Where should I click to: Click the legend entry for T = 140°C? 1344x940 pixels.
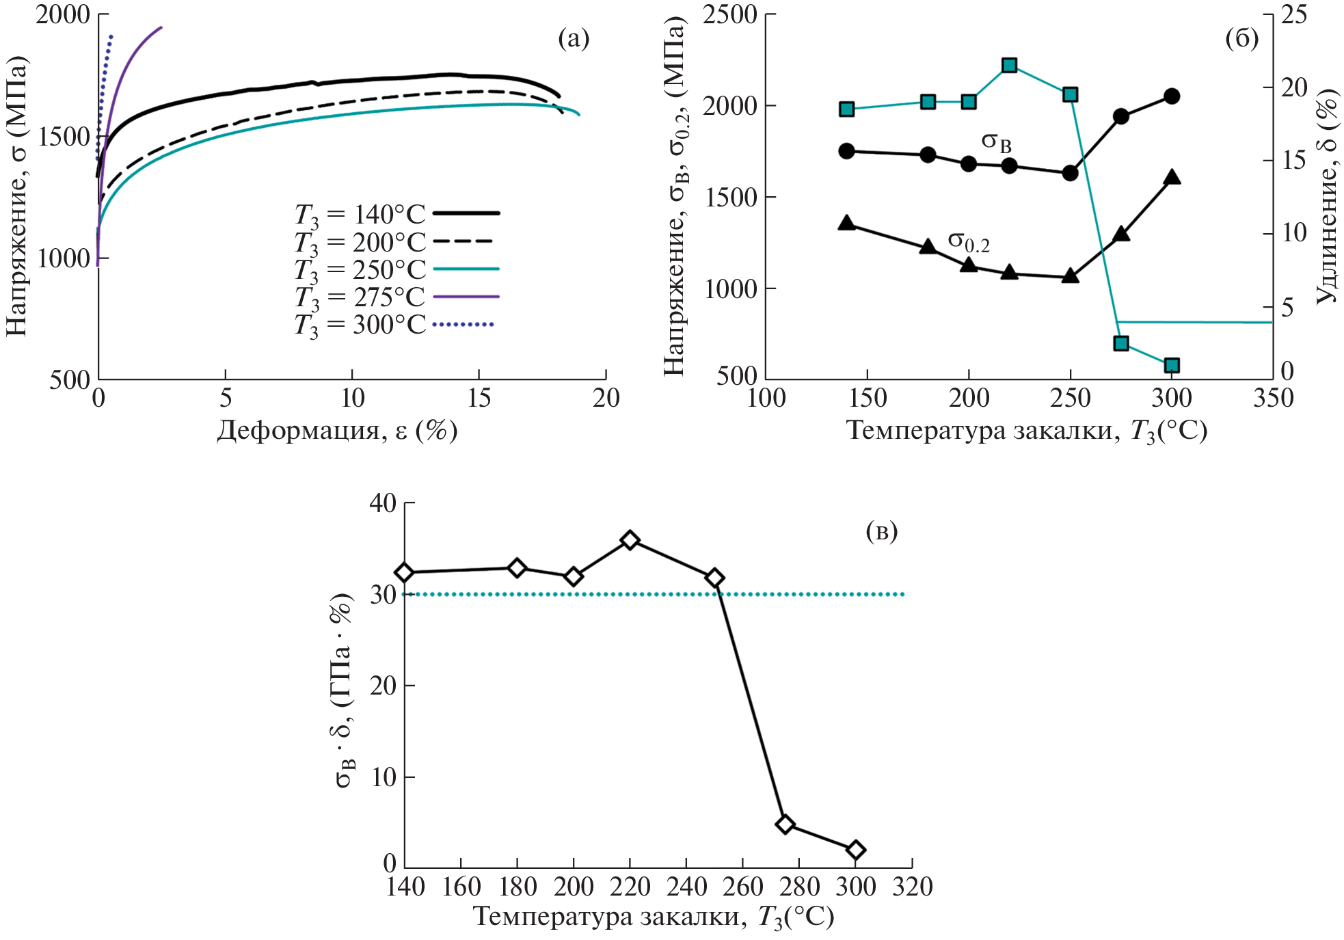click(397, 214)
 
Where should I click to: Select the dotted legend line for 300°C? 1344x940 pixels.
click(463, 324)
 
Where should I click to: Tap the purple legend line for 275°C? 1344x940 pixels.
click(466, 297)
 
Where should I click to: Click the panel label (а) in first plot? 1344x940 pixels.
click(574, 39)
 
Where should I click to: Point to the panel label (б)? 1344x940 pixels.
click(1241, 39)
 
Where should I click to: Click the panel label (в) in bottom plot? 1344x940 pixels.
click(881, 531)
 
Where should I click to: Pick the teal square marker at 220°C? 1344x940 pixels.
click(1009, 66)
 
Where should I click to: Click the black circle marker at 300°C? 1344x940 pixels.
click(1172, 96)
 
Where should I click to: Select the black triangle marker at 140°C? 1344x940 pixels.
click(846, 223)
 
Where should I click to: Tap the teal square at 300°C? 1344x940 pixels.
click(1172, 366)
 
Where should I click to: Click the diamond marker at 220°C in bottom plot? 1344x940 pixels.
click(630, 541)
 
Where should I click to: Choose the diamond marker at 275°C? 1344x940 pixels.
click(785, 824)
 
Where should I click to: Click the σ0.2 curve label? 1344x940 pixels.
click(968, 241)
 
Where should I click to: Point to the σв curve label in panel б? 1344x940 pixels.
click(996, 142)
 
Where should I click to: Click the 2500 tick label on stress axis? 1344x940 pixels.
click(729, 14)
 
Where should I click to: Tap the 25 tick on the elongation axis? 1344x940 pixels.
click(1293, 14)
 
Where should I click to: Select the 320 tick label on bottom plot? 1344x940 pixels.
click(913, 887)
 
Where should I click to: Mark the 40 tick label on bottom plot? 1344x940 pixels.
click(383, 503)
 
